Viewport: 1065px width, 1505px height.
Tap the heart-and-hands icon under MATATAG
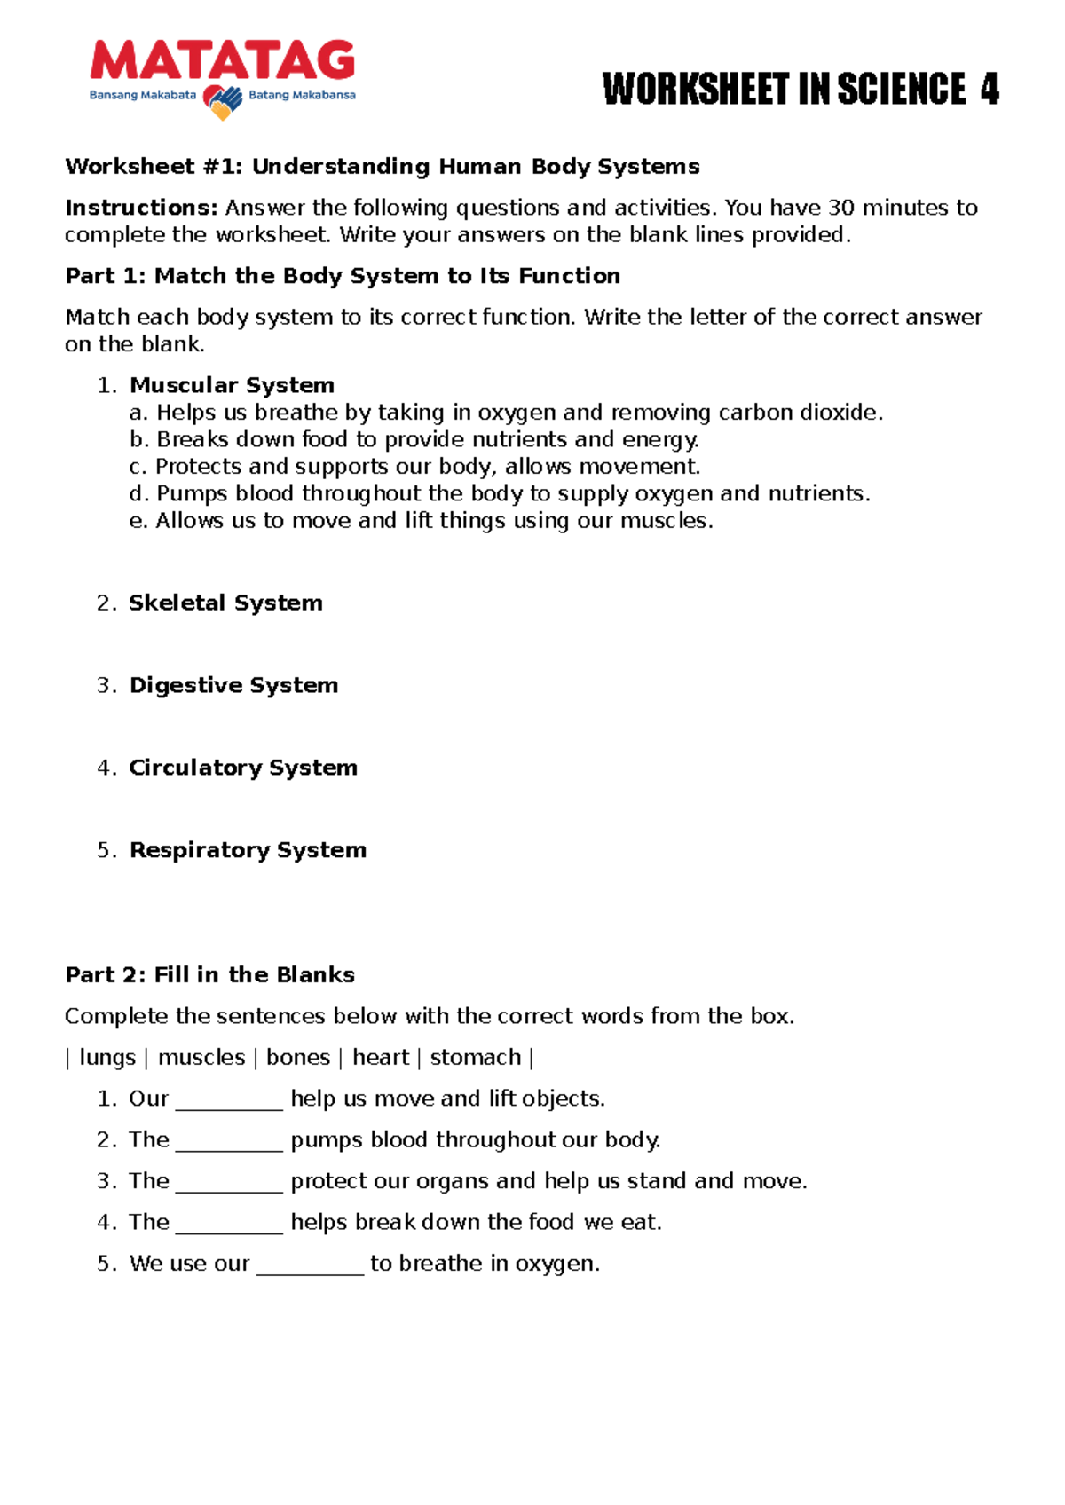point(223,101)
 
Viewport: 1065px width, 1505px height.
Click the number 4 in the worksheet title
point(989,90)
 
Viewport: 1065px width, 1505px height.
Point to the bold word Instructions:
point(141,208)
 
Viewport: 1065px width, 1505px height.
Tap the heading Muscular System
point(232,385)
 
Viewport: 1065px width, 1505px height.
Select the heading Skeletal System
point(225,603)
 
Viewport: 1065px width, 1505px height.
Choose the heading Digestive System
point(233,685)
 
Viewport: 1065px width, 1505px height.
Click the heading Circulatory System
point(243,768)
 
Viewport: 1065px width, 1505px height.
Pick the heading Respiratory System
point(248,850)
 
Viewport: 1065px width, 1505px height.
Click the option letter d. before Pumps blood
point(138,493)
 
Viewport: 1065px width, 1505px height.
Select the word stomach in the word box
point(476,1058)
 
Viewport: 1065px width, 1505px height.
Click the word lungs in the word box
point(107,1058)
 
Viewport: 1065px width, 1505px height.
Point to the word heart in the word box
point(381,1058)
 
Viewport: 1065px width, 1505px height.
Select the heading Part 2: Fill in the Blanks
point(210,975)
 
